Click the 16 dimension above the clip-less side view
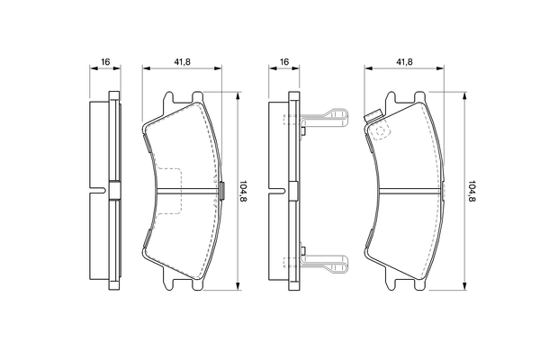tap(105, 61)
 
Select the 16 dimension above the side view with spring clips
tap(284, 61)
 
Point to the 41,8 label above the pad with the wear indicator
tap(404, 61)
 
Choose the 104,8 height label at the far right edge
tap(472, 192)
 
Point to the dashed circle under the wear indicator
tap(382, 131)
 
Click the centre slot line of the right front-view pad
tap(409, 190)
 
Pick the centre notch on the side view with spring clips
tap(292, 190)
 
